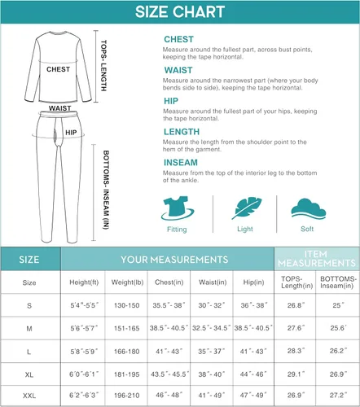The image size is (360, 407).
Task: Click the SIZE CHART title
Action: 179,12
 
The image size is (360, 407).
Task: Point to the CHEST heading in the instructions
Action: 178,39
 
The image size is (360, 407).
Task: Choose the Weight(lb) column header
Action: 126,282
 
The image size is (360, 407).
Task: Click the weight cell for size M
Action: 126,328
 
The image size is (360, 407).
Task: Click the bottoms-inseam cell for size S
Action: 338,305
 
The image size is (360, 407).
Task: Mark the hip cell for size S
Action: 252,305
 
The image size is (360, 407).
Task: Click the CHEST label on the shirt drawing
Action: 58,69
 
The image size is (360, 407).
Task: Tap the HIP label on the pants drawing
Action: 71,132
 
